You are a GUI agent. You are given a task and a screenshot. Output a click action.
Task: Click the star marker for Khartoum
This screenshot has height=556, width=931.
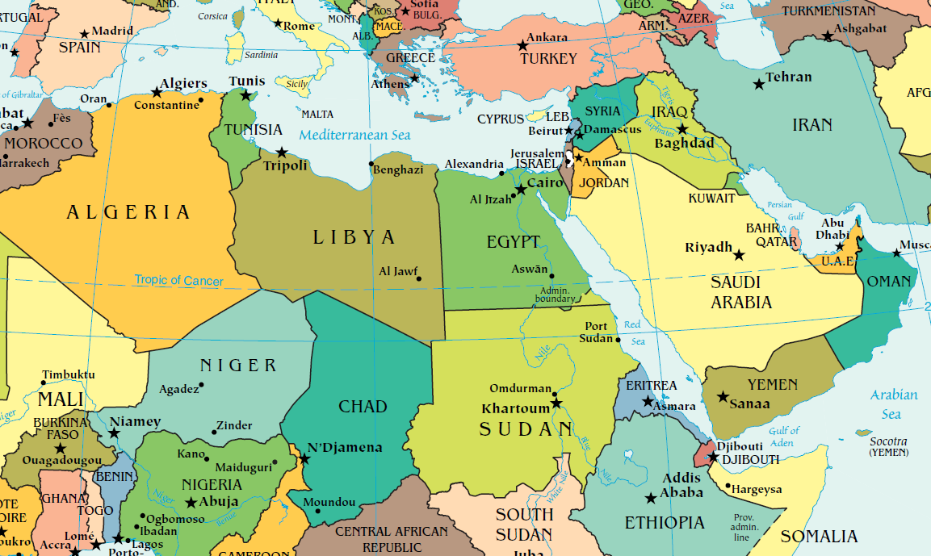(556, 403)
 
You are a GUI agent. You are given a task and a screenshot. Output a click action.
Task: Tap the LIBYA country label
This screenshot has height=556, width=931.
(354, 237)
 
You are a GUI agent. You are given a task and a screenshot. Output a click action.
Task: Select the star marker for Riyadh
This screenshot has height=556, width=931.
(739, 255)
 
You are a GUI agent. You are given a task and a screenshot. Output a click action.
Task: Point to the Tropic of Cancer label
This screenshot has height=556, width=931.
(179, 280)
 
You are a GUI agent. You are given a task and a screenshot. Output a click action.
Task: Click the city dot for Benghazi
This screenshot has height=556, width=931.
(371, 164)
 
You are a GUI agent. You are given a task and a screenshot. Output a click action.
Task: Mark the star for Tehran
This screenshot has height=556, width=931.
(758, 84)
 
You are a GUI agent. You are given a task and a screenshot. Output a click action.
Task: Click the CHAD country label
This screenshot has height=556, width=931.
(363, 406)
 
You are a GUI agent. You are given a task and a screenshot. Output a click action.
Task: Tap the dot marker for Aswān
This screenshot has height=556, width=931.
(552, 276)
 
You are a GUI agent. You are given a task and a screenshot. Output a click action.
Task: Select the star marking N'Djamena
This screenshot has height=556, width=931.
(304, 458)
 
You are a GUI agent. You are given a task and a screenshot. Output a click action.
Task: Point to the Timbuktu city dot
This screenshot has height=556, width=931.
(43, 382)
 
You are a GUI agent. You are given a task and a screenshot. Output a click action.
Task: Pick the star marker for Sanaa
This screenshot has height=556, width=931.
(723, 397)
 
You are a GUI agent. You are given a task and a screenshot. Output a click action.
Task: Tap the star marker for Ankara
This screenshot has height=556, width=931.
(522, 45)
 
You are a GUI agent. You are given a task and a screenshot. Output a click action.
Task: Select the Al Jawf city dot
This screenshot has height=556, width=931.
(419, 280)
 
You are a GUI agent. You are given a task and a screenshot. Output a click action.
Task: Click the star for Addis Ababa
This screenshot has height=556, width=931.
(651, 498)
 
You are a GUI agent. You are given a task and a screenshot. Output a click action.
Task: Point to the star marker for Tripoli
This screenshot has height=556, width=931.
(281, 152)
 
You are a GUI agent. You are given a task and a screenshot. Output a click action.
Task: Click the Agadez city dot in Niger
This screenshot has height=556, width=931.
(201, 384)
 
